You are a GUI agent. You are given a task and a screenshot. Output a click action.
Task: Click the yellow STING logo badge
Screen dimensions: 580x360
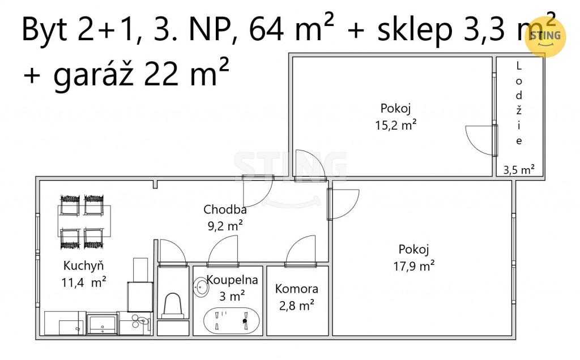point(545,36)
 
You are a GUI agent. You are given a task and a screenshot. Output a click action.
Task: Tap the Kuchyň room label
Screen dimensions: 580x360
point(84,265)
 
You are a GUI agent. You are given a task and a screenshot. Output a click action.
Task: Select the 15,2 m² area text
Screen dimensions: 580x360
point(396,125)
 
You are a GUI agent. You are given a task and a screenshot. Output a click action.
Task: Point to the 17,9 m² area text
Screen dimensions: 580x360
point(414,266)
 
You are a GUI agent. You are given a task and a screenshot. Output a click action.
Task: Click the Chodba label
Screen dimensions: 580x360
point(225,209)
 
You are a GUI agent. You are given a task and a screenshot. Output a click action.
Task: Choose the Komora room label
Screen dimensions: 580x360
point(297,289)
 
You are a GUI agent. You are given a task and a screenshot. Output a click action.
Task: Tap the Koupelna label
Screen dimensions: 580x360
point(232,280)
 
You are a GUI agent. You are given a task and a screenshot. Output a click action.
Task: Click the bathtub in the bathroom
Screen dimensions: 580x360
point(231,320)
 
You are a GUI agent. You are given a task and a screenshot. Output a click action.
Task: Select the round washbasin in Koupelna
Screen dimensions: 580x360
point(201,286)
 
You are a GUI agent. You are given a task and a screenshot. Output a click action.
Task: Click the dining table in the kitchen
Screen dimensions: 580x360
point(84,221)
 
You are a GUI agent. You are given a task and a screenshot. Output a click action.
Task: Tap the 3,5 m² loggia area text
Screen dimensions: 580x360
point(519,170)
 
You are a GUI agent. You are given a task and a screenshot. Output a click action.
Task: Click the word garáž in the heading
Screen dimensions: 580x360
point(93,74)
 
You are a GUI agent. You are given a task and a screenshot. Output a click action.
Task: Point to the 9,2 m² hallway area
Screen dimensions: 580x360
point(225,225)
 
